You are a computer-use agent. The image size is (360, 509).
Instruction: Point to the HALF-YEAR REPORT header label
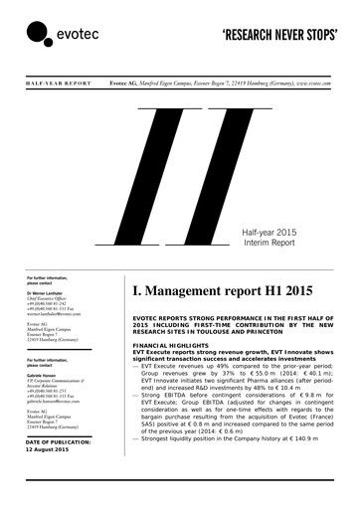[x=50, y=85]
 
